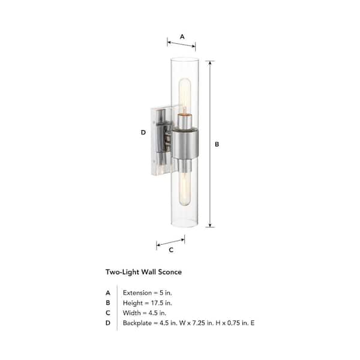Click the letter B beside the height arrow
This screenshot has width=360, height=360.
click(x=217, y=144)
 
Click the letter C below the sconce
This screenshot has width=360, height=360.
click(x=171, y=250)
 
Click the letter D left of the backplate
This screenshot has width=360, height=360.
click(x=143, y=132)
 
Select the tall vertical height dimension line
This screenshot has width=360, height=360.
click(x=209, y=144)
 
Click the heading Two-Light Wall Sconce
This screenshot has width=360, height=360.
click(x=143, y=272)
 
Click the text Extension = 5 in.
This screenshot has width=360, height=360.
click(x=147, y=292)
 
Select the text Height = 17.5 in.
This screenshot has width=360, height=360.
click(x=147, y=303)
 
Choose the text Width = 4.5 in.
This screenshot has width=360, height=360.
click(x=145, y=313)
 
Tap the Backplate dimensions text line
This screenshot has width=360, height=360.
click(x=188, y=323)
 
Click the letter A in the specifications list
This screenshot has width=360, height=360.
click(x=108, y=292)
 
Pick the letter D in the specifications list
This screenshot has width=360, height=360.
click(x=108, y=323)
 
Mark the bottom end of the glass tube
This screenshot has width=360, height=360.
click(x=185, y=228)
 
